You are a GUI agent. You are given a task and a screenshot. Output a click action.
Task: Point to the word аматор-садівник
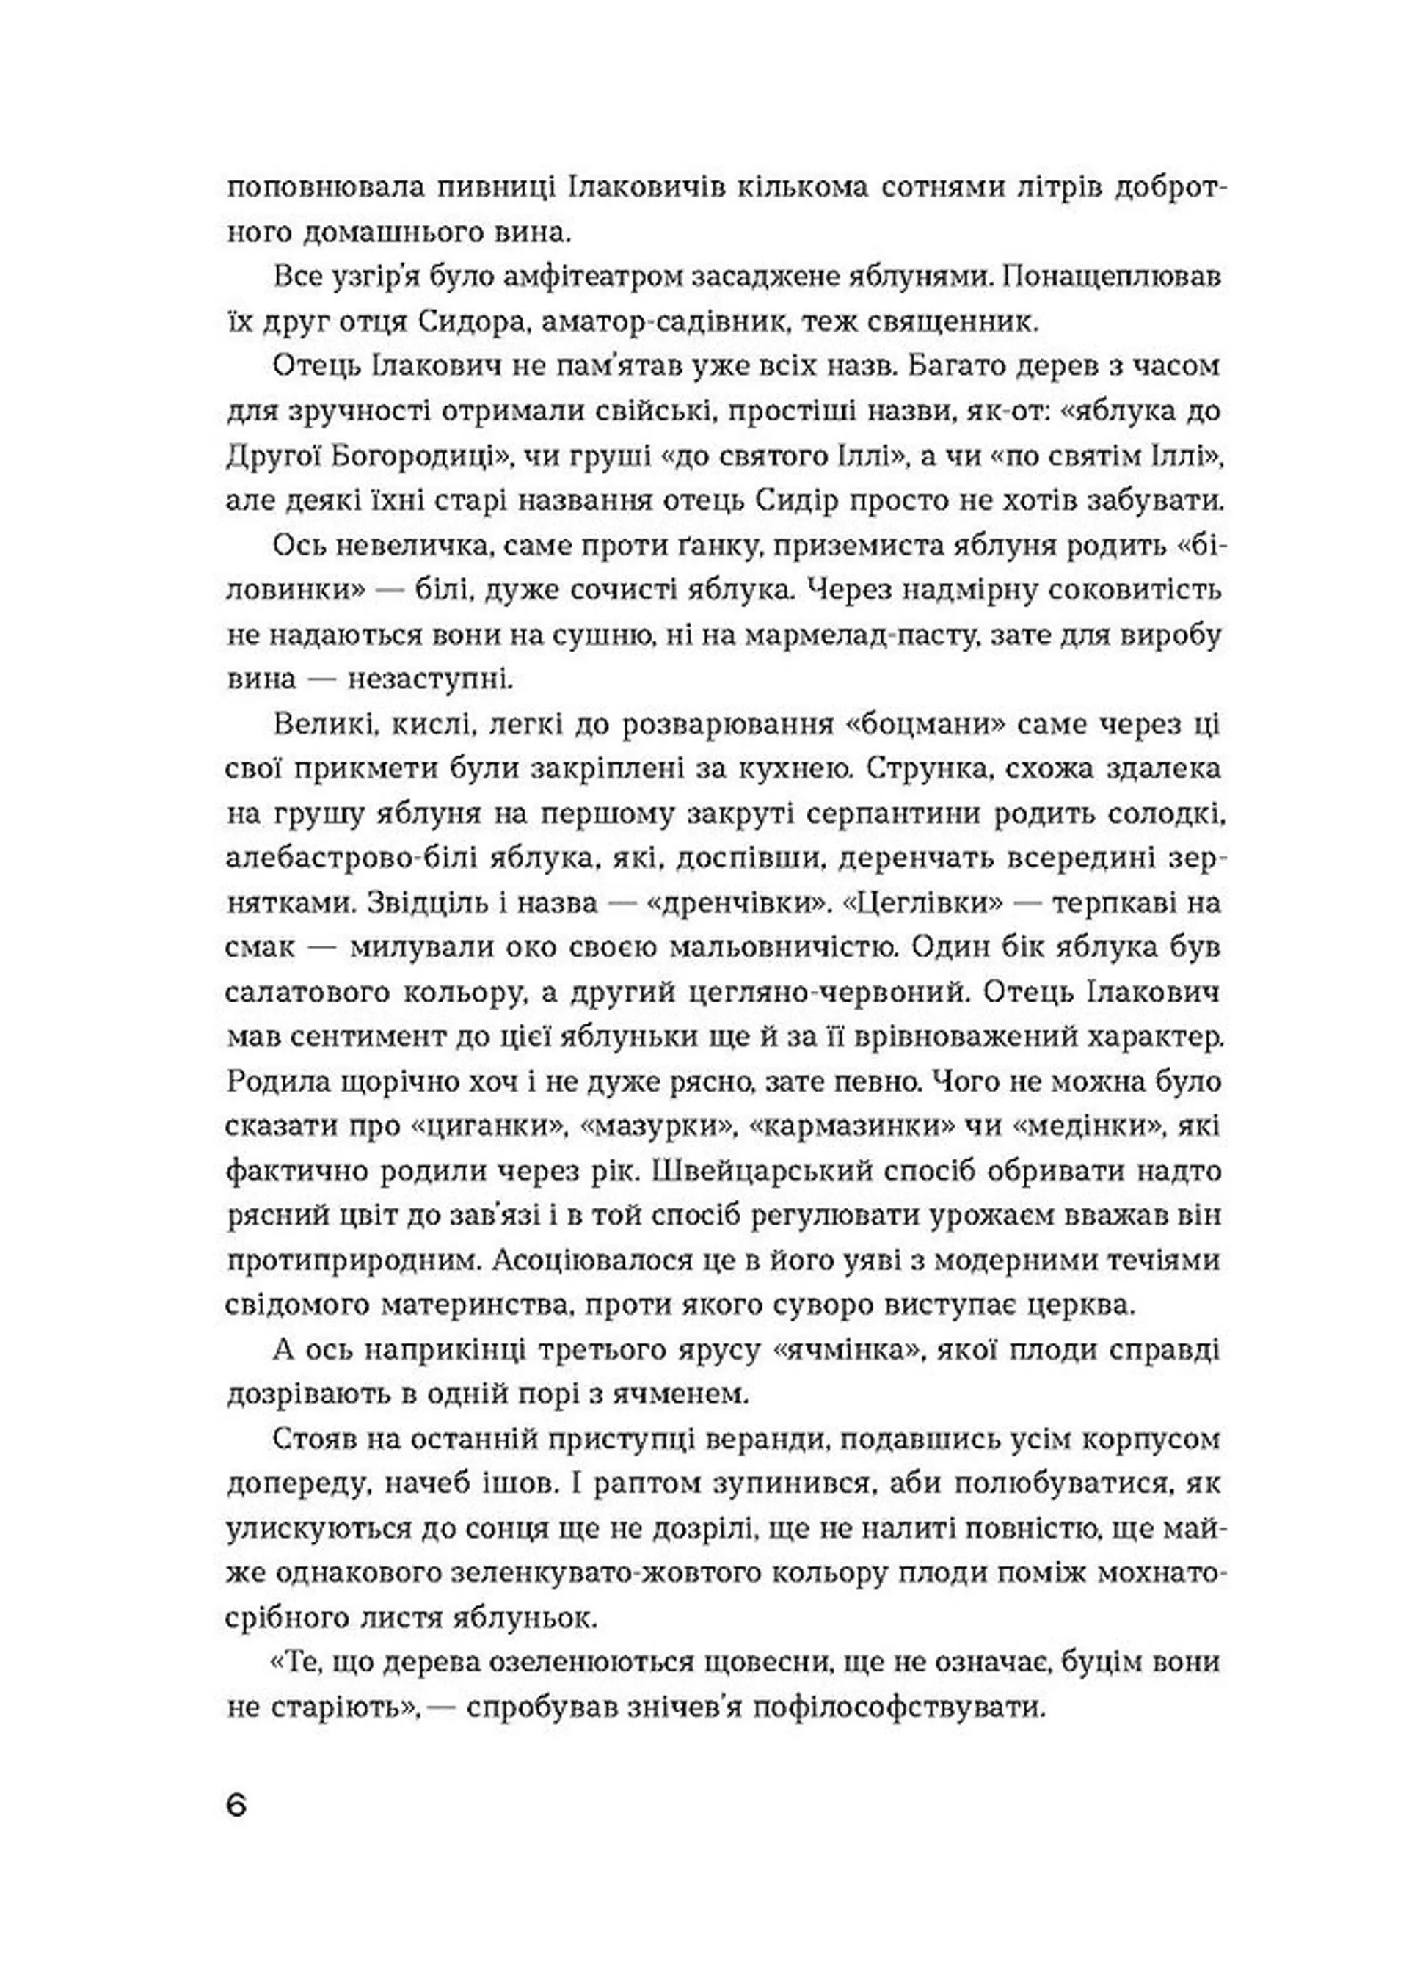point(665,323)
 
